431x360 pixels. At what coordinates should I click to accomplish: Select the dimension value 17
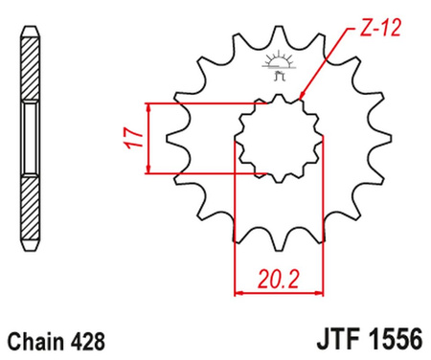tap(133, 138)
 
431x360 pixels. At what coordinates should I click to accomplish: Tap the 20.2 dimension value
tap(276, 280)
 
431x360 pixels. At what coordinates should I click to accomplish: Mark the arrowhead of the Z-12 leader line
tap(301, 99)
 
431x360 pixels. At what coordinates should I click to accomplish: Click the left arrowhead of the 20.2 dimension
tap(239, 290)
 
